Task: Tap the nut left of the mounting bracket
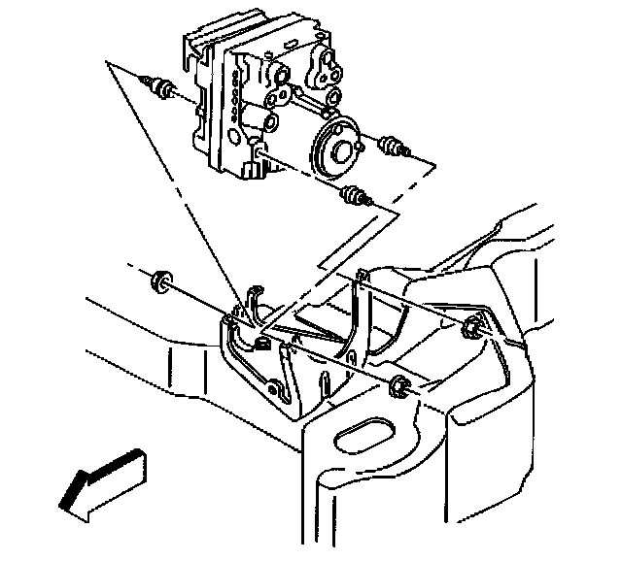159,281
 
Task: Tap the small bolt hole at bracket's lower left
276,394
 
